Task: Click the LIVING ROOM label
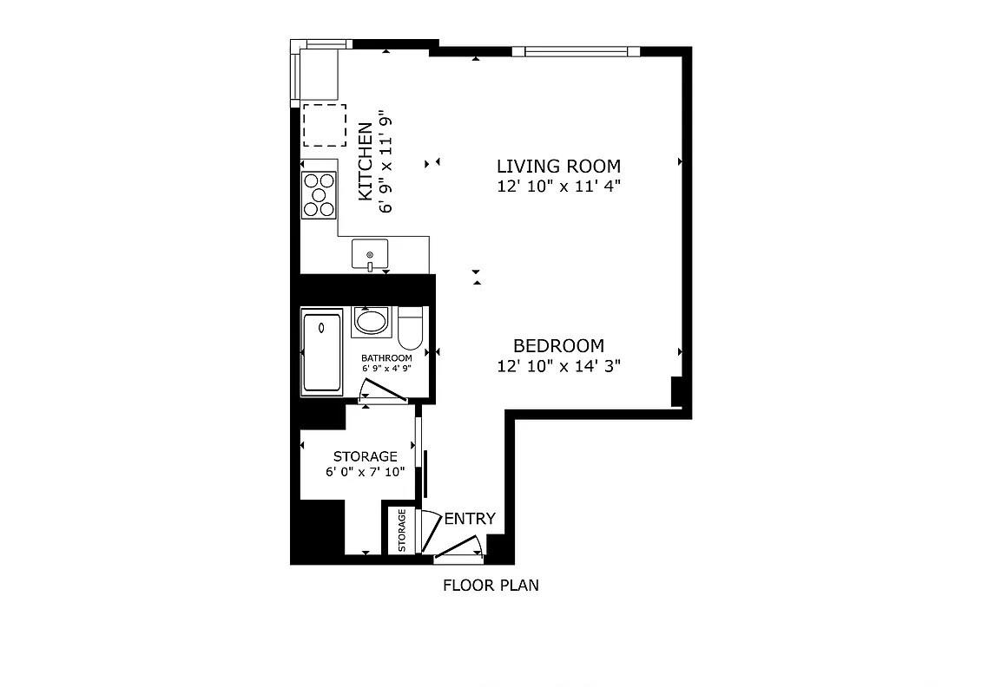pyautogui.click(x=558, y=166)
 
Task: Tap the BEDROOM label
pyautogui.click(x=558, y=345)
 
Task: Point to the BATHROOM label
pyautogui.click(x=386, y=357)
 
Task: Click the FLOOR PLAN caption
pyautogui.click(x=491, y=585)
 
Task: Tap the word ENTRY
pyautogui.click(x=470, y=519)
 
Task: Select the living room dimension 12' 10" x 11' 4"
pyautogui.click(x=558, y=186)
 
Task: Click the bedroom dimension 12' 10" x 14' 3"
pyautogui.click(x=558, y=366)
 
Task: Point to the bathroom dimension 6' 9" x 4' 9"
pyautogui.click(x=386, y=368)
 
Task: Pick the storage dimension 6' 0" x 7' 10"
pyautogui.click(x=366, y=472)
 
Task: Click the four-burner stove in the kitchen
pyautogui.click(x=319, y=194)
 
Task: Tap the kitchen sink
pyautogui.click(x=370, y=255)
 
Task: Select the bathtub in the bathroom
pyautogui.click(x=321, y=352)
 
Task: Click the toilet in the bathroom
pyautogui.click(x=410, y=327)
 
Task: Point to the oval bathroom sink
pyautogui.click(x=372, y=322)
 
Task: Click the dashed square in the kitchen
pyautogui.click(x=324, y=125)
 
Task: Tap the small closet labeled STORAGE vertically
pyautogui.click(x=402, y=530)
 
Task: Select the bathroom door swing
pyautogui.click(x=383, y=396)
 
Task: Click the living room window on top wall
pyautogui.click(x=577, y=51)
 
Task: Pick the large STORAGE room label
pyautogui.click(x=366, y=456)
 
